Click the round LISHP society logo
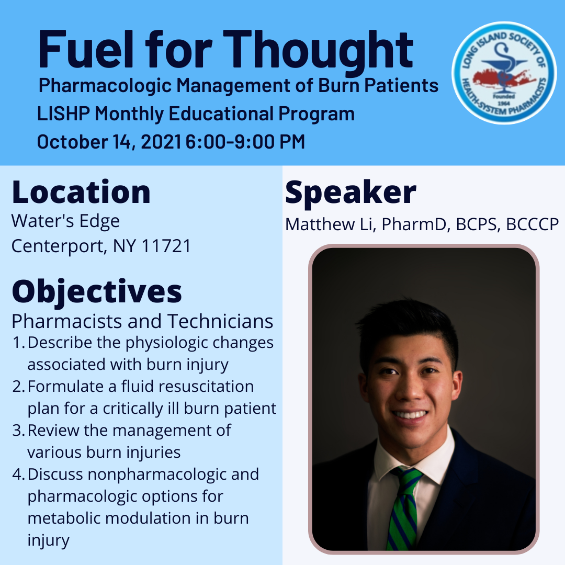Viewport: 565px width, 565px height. point(504,73)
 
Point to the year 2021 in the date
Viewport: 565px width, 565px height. point(161,142)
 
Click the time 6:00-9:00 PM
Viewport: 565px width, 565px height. point(245,142)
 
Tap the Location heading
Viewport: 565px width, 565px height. point(81,193)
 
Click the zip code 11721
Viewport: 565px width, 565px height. point(166,246)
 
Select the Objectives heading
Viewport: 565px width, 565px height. point(97,292)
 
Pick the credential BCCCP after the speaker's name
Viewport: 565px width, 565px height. point(532,224)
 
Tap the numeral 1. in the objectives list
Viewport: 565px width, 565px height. point(18,343)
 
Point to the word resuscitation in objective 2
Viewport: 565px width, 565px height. point(206,387)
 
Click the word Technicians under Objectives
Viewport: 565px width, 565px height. point(220,321)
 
